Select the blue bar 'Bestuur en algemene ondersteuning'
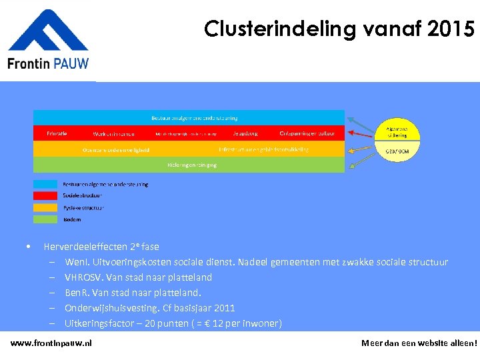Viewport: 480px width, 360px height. coord(189,117)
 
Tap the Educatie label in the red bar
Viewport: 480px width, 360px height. coord(57,133)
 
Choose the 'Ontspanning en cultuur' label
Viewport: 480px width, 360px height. coord(307,133)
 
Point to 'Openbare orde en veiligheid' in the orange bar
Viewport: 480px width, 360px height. coord(116,149)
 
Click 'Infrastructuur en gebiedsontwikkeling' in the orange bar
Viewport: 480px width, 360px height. coord(263,149)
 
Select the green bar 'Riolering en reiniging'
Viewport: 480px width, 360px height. coord(189,165)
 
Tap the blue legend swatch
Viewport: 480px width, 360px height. coord(46,184)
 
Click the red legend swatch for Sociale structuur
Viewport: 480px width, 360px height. coord(46,196)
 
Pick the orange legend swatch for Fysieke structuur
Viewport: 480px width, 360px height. coord(46,207)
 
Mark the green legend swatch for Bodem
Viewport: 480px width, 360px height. coord(46,219)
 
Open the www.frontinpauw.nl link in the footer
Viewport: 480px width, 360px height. coord(51,343)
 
